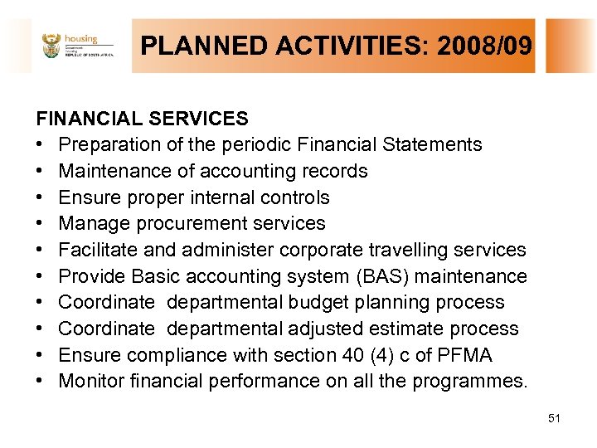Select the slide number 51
(x=554, y=418)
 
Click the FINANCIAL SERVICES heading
(x=142, y=119)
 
